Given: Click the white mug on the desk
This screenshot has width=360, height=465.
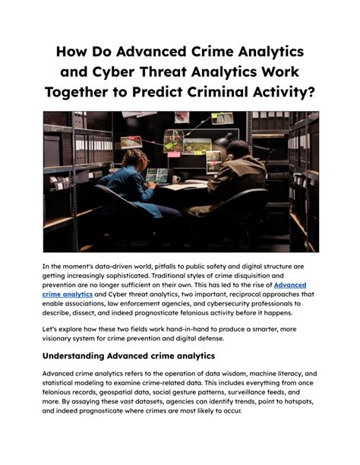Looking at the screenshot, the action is click(176, 179).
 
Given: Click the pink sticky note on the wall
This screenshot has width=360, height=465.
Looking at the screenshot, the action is click(174, 154).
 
